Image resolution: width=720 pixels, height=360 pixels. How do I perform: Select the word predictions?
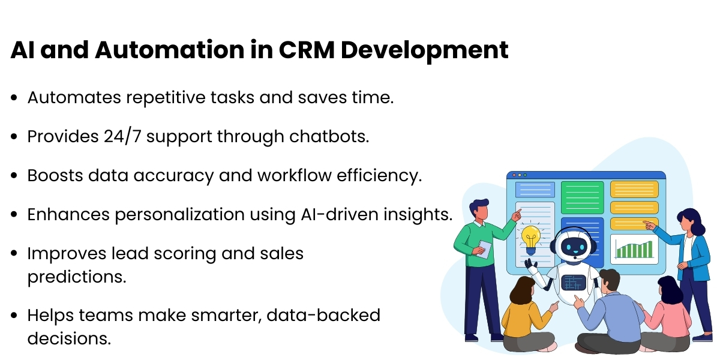[76, 278]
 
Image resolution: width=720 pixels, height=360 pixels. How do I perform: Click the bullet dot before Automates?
[13, 98]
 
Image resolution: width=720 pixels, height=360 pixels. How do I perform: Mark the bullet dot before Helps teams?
[13, 316]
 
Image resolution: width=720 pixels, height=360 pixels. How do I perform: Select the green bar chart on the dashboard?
[634, 248]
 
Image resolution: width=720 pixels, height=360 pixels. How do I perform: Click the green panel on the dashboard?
[582, 197]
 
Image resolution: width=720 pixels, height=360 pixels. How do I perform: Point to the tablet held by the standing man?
[484, 249]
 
